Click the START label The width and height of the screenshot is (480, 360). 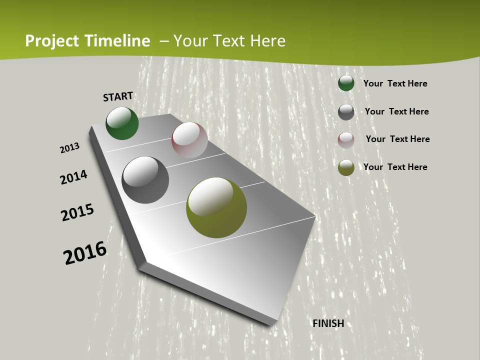coord(118,96)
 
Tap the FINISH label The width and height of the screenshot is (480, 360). coord(328,323)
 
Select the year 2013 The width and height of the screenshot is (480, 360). coord(69,148)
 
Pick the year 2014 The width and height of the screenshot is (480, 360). coord(73,177)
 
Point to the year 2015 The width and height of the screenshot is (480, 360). coord(77,212)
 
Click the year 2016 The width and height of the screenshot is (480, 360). coord(85,253)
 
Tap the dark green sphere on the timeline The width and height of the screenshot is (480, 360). coord(122,123)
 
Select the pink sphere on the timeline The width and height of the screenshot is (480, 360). coord(189,140)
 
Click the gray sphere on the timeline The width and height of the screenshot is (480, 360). coord(145,180)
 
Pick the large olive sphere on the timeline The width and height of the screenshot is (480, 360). coord(216,207)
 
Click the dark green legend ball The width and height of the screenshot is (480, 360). coord(346,83)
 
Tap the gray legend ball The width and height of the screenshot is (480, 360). coord(346,112)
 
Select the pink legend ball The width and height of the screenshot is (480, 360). coord(346,140)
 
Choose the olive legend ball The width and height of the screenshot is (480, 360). coord(346,167)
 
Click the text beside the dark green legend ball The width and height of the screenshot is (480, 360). coord(395,83)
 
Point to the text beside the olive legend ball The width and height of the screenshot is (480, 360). coord(395,167)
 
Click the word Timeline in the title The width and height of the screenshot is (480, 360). coord(118,41)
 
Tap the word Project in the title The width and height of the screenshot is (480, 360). coord(52,41)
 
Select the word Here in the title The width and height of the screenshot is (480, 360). coord(267,41)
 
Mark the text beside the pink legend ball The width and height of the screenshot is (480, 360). coord(397,139)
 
